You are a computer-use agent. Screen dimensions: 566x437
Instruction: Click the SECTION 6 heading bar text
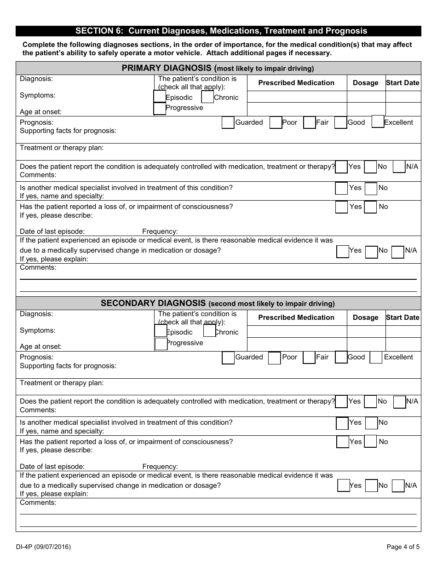click(x=221, y=31)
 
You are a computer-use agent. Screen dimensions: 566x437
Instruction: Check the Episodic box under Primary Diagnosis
click(x=160, y=97)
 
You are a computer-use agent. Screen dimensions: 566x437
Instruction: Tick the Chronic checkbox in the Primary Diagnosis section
click(x=207, y=97)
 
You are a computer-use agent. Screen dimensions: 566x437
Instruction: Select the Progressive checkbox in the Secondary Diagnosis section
click(x=161, y=344)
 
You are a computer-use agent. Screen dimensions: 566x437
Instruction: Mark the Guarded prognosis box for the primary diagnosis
click(x=228, y=123)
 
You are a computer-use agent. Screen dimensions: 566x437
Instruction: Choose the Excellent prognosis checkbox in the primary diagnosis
click(x=378, y=121)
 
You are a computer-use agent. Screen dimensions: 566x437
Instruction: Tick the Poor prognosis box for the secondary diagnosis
click(x=274, y=358)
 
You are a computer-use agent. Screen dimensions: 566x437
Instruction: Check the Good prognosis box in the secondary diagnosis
click(x=341, y=357)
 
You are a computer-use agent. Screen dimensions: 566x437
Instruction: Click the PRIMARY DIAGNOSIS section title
click(x=218, y=69)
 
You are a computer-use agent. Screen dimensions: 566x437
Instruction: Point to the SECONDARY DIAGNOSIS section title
click(x=218, y=303)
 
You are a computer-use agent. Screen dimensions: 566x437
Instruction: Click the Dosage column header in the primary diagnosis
click(x=366, y=83)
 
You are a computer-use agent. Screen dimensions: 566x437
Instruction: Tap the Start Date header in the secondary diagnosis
click(x=402, y=318)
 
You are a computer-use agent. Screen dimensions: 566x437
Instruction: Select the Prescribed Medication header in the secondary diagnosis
click(x=296, y=318)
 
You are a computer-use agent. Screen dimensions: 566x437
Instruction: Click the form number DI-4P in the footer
click(x=43, y=547)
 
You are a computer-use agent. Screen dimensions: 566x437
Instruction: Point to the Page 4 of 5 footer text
click(x=403, y=547)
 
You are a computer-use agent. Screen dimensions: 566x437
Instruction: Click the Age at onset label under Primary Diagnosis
click(x=40, y=112)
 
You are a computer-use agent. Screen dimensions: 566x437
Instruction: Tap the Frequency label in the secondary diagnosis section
click(x=160, y=467)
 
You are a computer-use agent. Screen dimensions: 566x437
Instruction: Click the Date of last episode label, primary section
click(x=52, y=231)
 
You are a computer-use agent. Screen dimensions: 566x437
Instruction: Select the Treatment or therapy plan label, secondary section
click(x=62, y=383)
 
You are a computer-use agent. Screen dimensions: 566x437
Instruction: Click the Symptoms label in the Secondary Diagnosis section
click(x=37, y=330)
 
